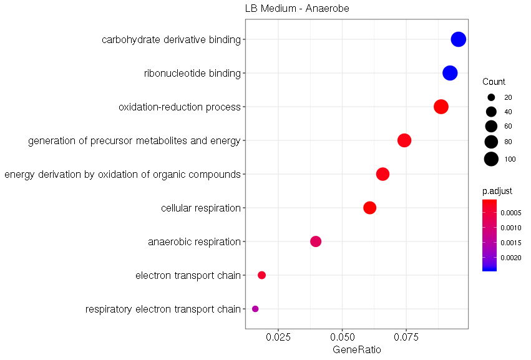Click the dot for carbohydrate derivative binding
[459, 39]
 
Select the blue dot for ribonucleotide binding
[450, 73]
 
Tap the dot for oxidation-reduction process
[441, 107]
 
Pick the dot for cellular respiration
[370, 208]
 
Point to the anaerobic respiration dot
[316, 241]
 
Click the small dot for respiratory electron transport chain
[255, 309]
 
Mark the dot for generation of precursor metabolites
[404, 140]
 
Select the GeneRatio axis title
[357, 350]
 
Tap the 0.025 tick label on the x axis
[278, 338]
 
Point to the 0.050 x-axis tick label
[342, 338]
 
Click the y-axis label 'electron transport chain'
[188, 275]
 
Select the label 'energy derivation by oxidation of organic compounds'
[122, 174]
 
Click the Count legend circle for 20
[491, 97]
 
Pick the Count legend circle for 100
[491, 159]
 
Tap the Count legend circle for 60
[491, 127]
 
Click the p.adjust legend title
[497, 192]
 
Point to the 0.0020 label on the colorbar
[512, 257]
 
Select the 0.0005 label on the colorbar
[512, 213]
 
